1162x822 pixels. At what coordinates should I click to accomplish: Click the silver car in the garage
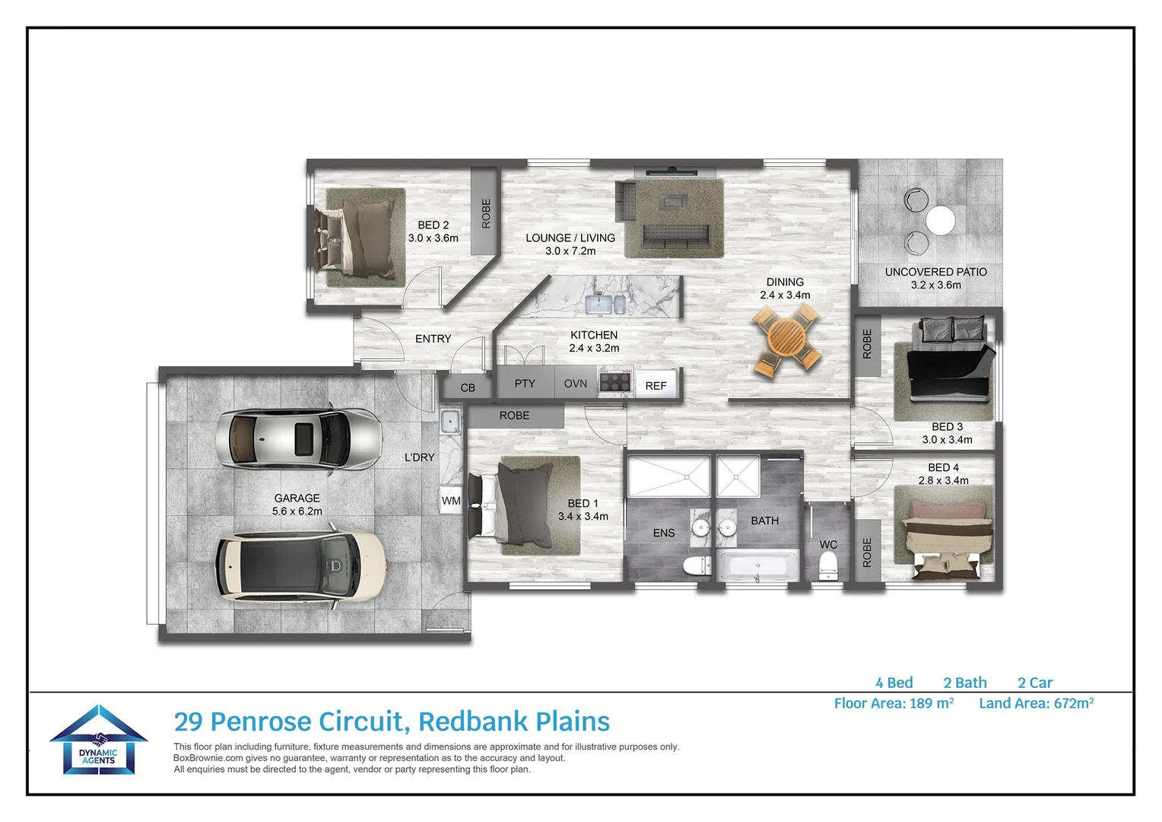click(298, 440)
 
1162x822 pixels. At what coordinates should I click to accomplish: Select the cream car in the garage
click(300, 565)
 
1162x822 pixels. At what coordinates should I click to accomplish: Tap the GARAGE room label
click(297, 498)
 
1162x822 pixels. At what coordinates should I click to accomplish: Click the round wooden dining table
click(786, 339)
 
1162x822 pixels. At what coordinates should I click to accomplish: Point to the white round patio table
click(940, 221)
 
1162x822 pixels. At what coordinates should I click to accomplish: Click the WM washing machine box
click(451, 501)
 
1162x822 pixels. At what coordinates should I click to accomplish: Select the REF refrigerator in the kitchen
click(656, 385)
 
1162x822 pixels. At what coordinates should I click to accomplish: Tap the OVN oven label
click(576, 384)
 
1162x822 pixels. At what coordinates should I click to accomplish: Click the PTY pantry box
click(525, 384)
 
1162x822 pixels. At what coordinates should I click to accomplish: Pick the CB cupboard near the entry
click(468, 387)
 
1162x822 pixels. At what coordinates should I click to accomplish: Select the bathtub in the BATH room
click(757, 566)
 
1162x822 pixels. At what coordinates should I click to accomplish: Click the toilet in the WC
click(828, 566)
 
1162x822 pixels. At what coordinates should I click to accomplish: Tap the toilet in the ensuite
click(696, 566)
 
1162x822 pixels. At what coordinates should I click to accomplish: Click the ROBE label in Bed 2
click(486, 213)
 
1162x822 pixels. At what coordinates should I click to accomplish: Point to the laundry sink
click(450, 421)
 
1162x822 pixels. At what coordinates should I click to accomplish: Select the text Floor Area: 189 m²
click(894, 703)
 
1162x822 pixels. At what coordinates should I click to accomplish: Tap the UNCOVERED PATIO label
click(935, 272)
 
